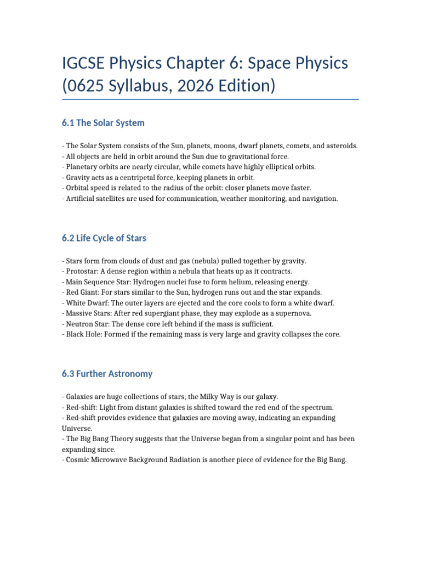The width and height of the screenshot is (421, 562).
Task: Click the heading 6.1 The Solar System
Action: click(104, 123)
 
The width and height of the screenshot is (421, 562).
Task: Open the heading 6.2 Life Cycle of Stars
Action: click(104, 238)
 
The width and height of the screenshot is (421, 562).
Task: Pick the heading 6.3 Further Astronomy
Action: click(107, 374)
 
